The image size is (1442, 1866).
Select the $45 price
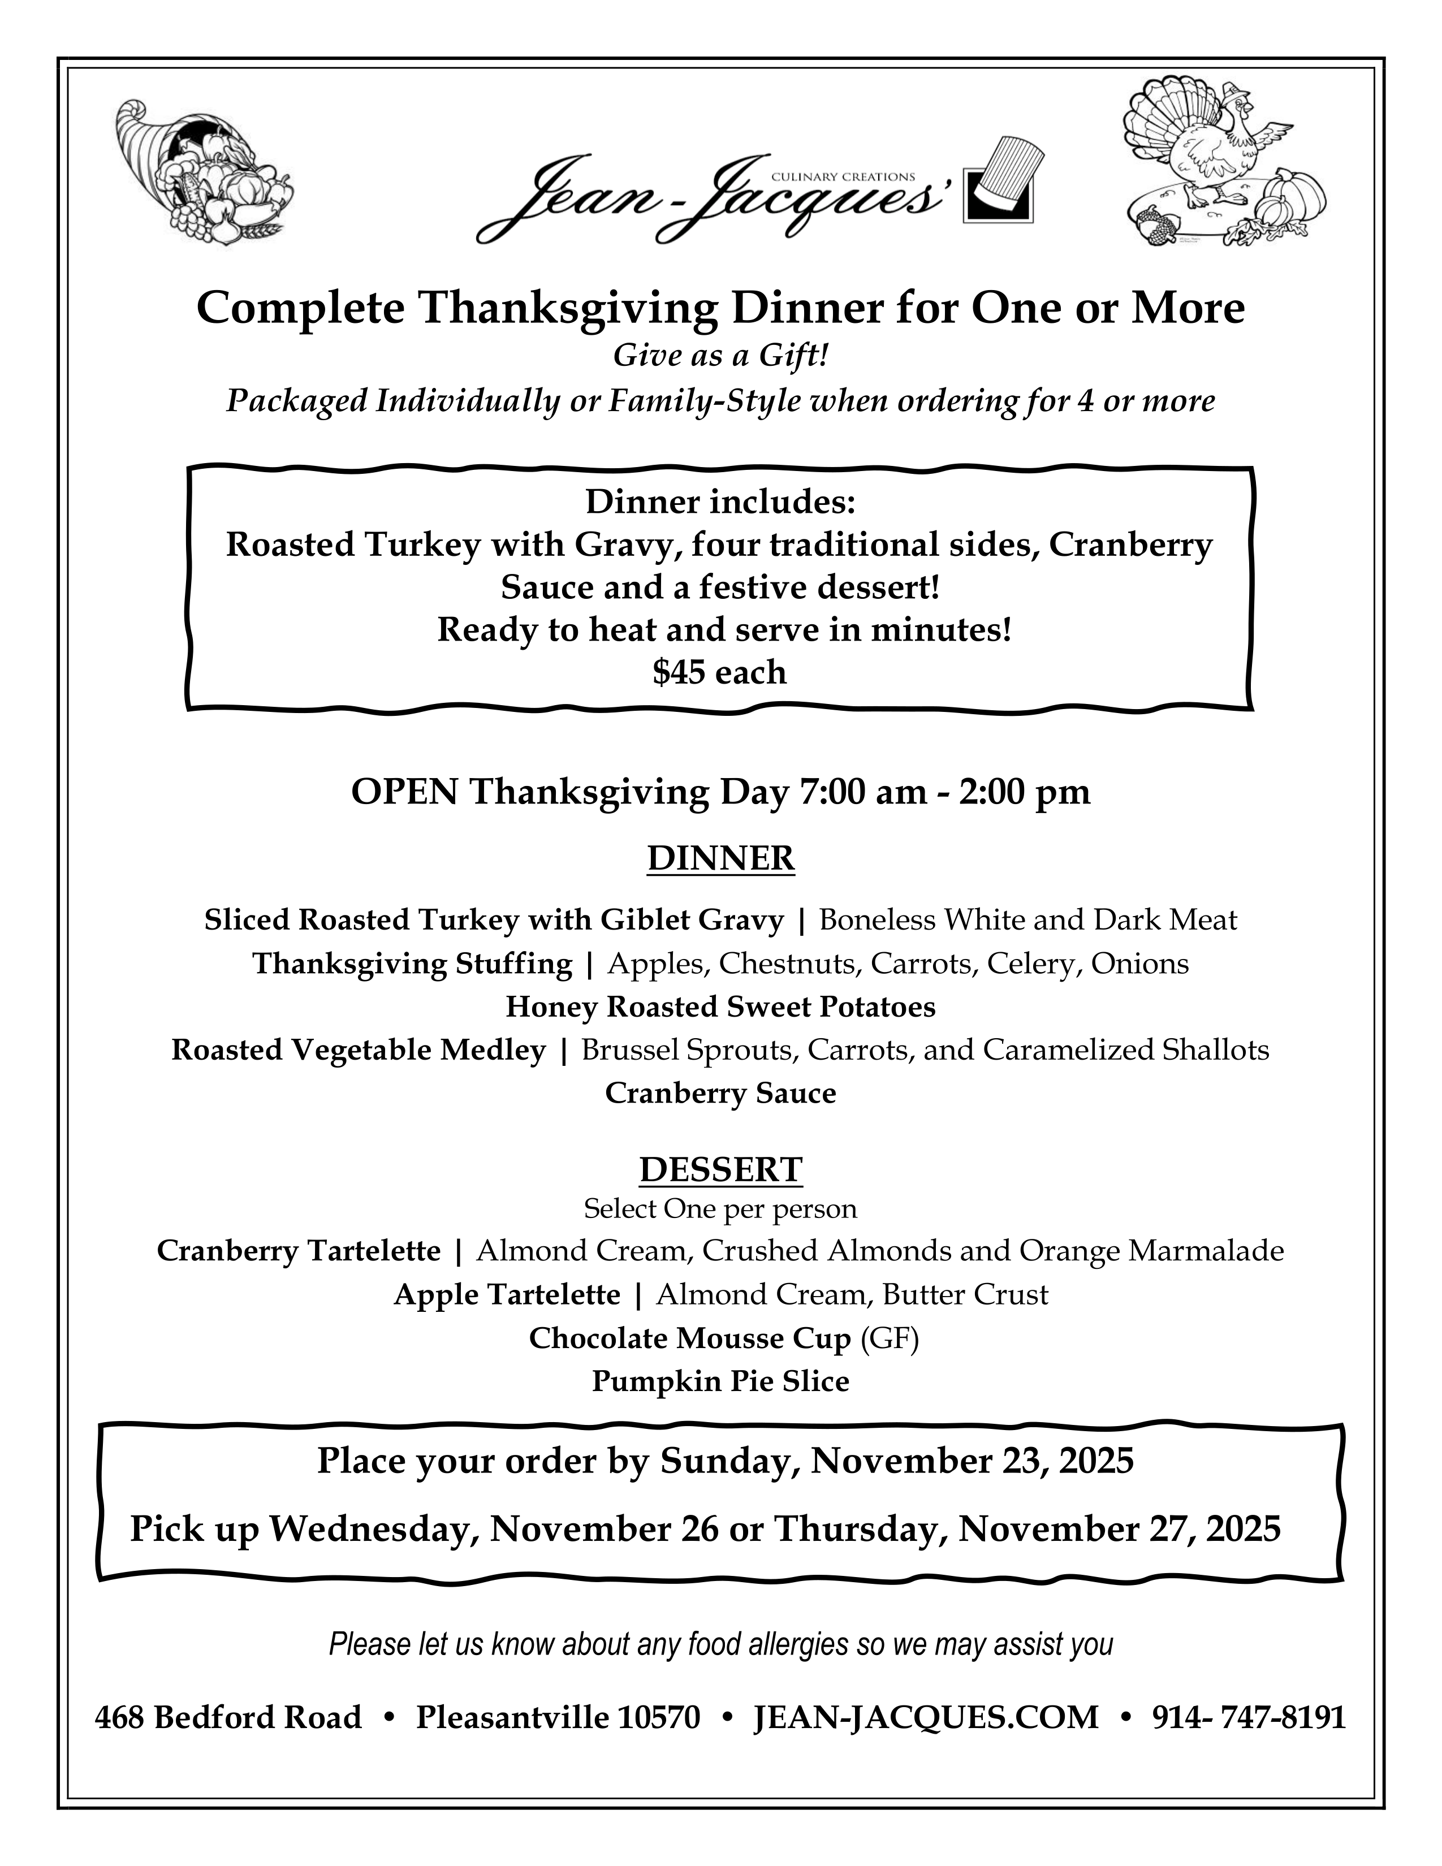pyautogui.click(x=719, y=672)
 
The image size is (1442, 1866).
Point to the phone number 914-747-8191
pyautogui.click(x=1248, y=1717)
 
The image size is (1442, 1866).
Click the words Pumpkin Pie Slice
pyautogui.click(x=720, y=1381)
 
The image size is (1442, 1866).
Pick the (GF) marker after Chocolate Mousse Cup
pyautogui.click(x=890, y=1338)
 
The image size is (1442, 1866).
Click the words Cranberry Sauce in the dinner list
pyautogui.click(x=720, y=1093)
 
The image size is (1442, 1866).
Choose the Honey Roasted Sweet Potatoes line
pyautogui.click(x=720, y=1007)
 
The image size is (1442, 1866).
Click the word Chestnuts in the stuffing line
pyautogui.click(x=776, y=964)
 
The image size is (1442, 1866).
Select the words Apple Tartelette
pyautogui.click(x=507, y=1294)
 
